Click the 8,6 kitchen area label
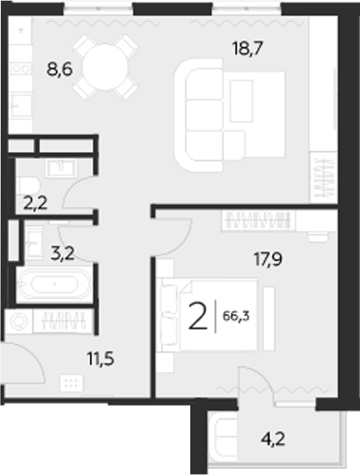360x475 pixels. (60, 70)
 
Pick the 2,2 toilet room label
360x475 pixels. (35, 200)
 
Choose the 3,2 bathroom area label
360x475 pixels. (63, 252)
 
